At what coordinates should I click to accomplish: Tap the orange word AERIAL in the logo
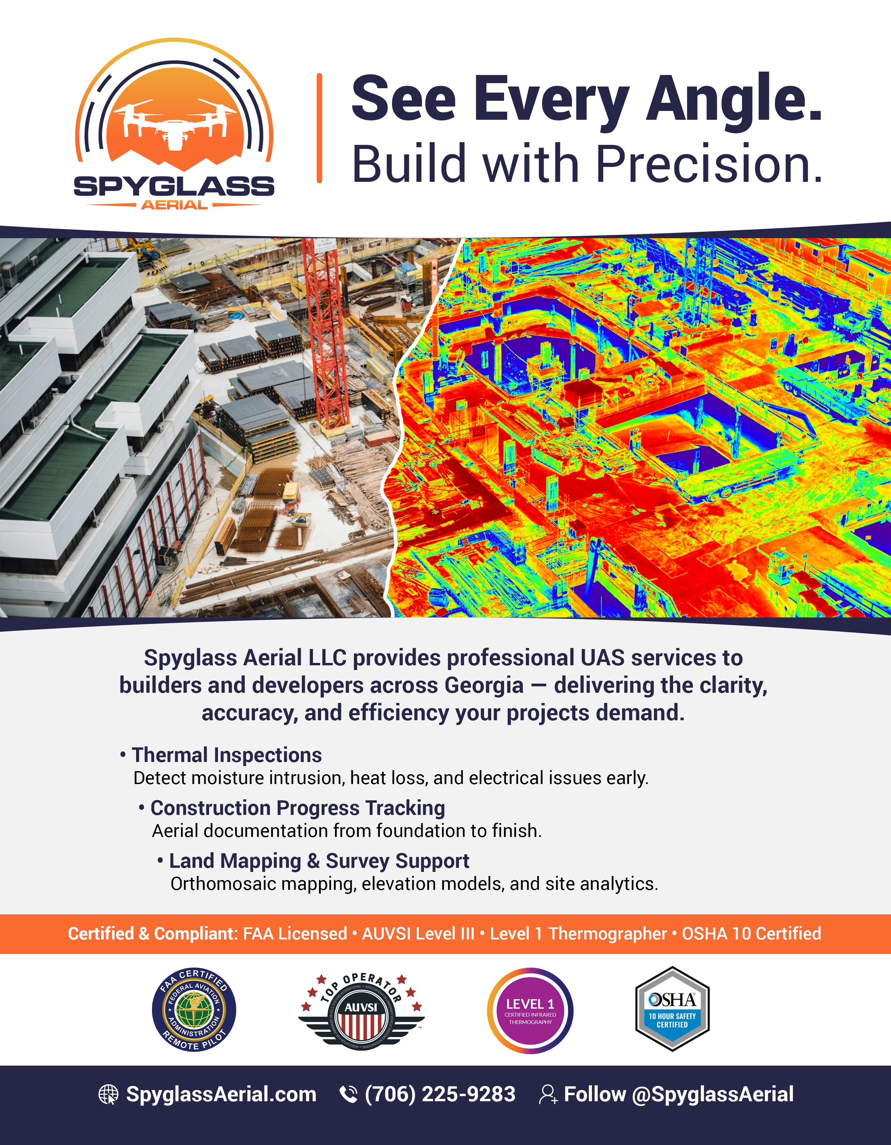click(x=174, y=205)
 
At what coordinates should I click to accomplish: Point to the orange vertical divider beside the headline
click(x=319, y=129)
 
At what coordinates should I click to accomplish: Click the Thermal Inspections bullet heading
click(x=226, y=755)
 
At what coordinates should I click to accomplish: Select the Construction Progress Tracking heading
click(x=297, y=808)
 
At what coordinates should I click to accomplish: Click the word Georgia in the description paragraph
click(x=484, y=685)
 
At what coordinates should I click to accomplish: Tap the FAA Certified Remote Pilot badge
click(x=194, y=1010)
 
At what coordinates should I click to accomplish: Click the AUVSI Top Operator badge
click(x=361, y=1010)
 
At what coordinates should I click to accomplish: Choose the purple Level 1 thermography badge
click(x=530, y=1011)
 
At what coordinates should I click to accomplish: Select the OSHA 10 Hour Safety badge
click(x=672, y=1009)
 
